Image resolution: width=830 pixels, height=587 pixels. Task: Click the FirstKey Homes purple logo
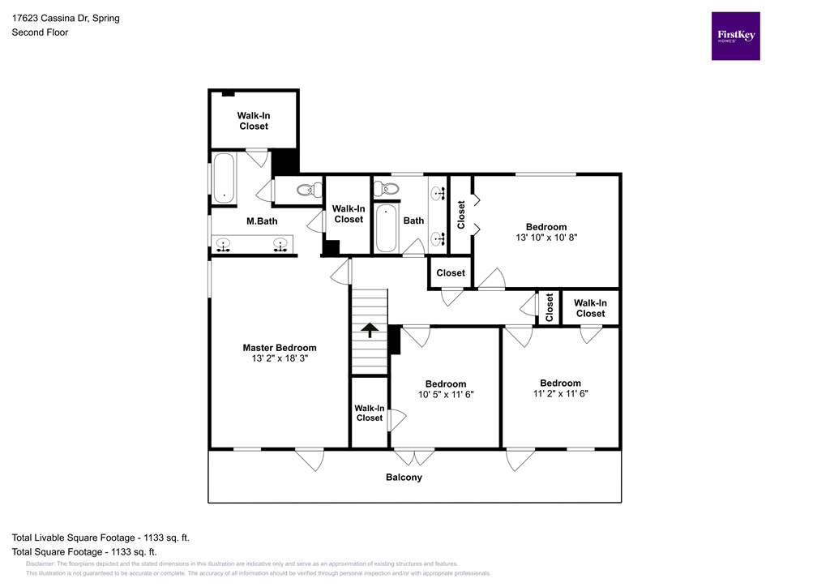[x=735, y=36]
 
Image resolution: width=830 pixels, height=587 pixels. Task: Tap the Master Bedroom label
[x=280, y=348]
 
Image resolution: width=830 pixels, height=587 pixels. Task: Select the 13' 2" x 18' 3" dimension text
[x=280, y=358]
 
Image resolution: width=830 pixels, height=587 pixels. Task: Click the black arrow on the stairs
[x=370, y=329]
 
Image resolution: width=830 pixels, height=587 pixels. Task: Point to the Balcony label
[x=404, y=478]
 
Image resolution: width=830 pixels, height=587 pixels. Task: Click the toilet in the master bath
[x=306, y=191]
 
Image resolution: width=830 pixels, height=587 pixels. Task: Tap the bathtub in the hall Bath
[x=386, y=228]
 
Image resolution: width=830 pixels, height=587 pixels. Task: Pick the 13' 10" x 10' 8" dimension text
[x=546, y=238]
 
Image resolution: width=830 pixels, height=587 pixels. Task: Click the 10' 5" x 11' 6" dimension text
[x=446, y=395]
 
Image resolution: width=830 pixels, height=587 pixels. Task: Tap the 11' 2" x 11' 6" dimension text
[x=560, y=394]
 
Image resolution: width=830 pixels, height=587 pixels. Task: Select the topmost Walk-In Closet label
[x=254, y=121]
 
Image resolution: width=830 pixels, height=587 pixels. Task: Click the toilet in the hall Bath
[x=387, y=188]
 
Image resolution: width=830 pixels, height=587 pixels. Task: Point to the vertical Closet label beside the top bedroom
[x=461, y=215]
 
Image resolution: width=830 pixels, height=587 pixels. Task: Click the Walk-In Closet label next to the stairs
[x=369, y=413]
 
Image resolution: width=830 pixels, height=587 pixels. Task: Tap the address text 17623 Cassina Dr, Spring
[x=66, y=18]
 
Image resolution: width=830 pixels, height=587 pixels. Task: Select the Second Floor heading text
[x=40, y=32]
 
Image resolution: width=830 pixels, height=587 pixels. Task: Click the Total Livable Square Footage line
[x=101, y=538]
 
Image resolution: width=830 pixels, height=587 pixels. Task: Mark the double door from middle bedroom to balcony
[x=413, y=456]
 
